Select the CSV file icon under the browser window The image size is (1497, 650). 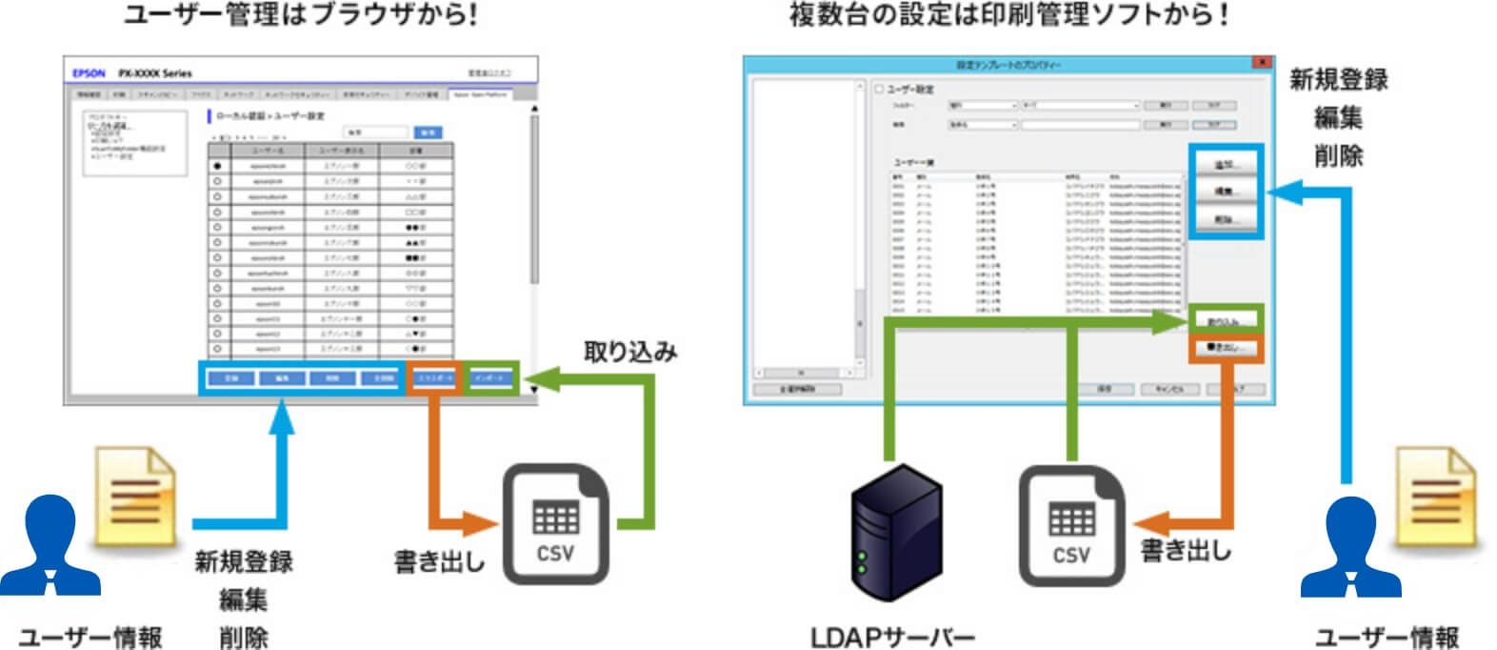(555, 523)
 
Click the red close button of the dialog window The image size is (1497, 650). (1262, 63)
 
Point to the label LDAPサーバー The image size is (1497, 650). (892, 636)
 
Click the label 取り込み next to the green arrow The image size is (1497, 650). (629, 352)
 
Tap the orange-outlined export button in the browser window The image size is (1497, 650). (434, 378)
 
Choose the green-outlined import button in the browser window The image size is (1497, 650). (491, 378)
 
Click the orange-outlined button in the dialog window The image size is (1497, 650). (1225, 349)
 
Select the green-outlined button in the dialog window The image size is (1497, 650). (1225, 320)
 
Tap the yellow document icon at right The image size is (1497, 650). (1436, 496)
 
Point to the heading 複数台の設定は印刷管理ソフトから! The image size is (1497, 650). (1008, 16)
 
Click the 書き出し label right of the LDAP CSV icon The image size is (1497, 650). (1185, 551)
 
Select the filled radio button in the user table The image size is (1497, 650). (218, 166)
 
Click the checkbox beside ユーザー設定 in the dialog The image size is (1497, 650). (879, 89)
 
